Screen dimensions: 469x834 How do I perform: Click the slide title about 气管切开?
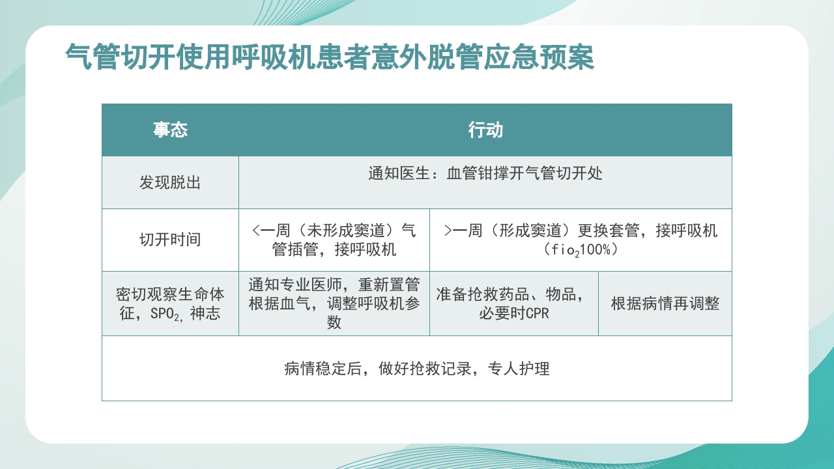click(330, 57)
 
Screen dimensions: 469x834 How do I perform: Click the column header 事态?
click(170, 130)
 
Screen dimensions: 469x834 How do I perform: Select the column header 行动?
click(485, 130)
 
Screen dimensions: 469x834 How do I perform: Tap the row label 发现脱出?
click(170, 182)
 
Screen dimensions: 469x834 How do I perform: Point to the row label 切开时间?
click(170, 240)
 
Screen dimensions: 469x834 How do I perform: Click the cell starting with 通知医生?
click(485, 174)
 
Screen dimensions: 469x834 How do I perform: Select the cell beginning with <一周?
click(334, 240)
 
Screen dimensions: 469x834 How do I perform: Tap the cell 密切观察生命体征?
click(170, 304)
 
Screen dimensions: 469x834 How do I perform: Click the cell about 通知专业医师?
click(334, 304)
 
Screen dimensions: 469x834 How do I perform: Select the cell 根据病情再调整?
click(665, 304)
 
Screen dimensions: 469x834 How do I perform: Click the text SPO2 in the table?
click(167, 314)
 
